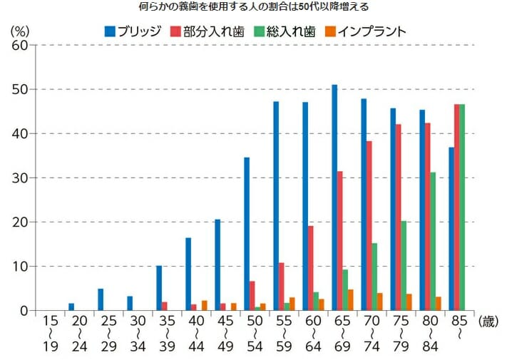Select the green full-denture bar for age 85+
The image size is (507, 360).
click(462, 207)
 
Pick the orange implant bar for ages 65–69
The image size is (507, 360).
click(349, 300)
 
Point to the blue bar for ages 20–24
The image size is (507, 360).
click(71, 307)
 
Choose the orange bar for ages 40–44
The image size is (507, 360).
click(204, 305)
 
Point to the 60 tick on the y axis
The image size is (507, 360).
click(20, 45)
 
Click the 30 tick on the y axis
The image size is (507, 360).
click(20, 178)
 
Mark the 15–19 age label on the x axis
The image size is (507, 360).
click(49, 335)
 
